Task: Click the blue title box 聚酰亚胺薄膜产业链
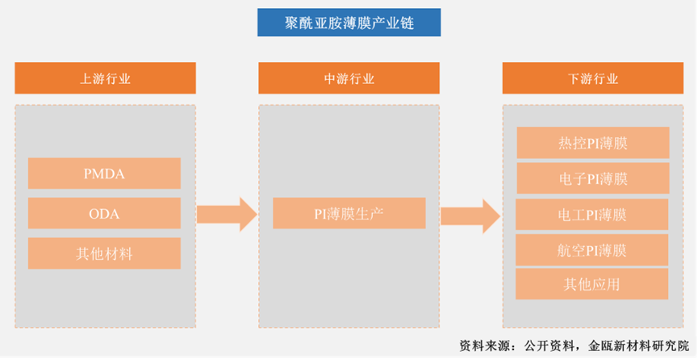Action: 349,23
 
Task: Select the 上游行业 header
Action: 105,78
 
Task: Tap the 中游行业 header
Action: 349,78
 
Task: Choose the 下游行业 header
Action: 593,78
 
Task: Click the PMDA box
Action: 104,174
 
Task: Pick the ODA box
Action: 104,213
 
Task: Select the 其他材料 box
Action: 104,253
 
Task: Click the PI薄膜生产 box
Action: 349,213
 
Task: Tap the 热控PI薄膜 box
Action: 593,143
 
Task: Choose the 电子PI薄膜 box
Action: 593,178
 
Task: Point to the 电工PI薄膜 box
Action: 592,215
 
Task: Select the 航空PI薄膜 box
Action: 592,250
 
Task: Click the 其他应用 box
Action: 592,284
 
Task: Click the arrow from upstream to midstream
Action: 227,215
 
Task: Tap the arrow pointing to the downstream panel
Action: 470,216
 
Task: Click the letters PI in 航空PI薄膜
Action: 591,251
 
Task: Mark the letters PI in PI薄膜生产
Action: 321,215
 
